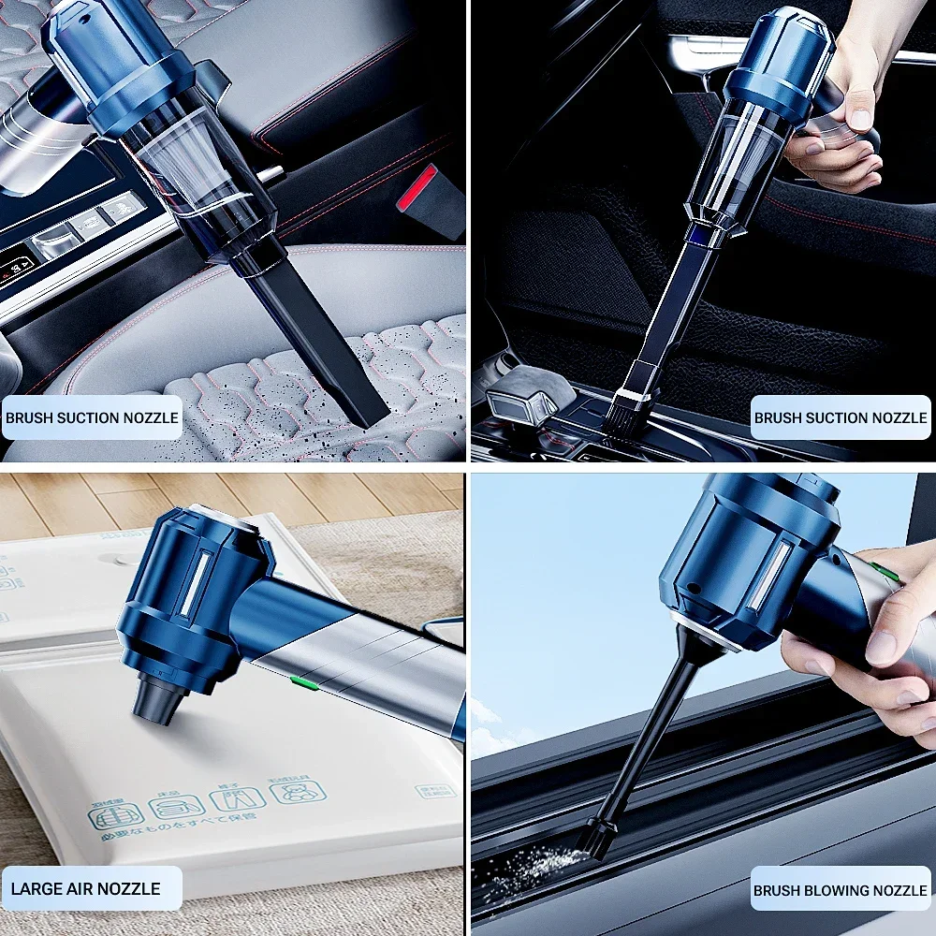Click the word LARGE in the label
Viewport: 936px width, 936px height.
38,888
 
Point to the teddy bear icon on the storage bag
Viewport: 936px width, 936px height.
299,792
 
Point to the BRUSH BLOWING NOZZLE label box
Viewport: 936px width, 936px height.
841,891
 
